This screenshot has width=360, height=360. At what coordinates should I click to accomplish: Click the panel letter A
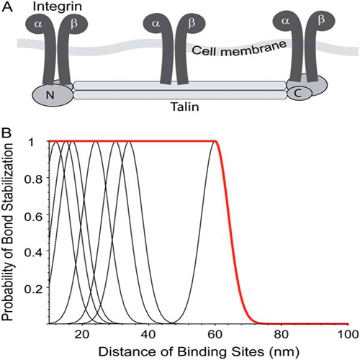tap(7, 6)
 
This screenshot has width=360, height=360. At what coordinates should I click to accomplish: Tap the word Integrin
tap(58, 6)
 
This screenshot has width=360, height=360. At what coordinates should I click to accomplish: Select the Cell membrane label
tap(239, 48)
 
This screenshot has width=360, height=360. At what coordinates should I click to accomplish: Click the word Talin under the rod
tap(185, 107)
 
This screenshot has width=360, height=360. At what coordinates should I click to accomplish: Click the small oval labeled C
tap(300, 94)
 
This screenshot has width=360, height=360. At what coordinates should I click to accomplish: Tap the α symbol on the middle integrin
tap(156, 24)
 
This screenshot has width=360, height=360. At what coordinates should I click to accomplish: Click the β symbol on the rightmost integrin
tap(321, 20)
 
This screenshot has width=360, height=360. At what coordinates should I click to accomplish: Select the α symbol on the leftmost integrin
tap(38, 24)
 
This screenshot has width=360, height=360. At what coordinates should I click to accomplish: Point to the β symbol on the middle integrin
tap(192, 23)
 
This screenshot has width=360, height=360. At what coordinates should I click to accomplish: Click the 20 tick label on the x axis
tap(82, 334)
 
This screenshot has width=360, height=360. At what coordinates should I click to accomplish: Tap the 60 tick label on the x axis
tap(215, 334)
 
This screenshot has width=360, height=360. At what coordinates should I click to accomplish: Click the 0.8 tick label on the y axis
tap(34, 179)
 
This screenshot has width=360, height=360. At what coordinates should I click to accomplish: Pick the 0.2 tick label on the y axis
tap(34, 289)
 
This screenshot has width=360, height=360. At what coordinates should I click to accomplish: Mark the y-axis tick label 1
tap(32, 143)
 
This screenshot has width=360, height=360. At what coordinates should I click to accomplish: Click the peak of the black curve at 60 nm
tap(215, 142)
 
